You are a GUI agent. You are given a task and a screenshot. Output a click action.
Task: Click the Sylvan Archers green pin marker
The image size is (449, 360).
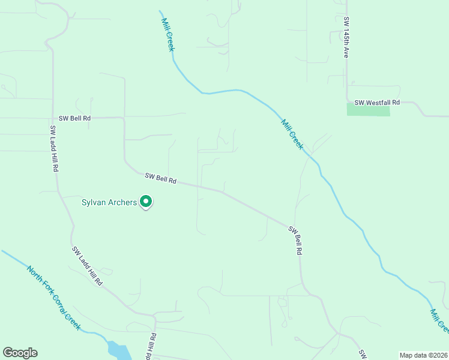pos(146,202)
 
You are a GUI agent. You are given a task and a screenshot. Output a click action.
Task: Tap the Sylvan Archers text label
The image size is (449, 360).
pos(109,202)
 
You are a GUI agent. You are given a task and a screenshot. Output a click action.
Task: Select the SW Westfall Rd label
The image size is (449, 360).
pos(376,103)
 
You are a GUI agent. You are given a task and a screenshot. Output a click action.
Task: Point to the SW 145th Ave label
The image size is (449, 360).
pos(346,37)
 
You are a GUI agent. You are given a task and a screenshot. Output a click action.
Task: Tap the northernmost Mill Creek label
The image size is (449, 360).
pos(167,34)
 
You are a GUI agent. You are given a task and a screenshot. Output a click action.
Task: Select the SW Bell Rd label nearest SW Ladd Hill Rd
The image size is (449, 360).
pos(74,118)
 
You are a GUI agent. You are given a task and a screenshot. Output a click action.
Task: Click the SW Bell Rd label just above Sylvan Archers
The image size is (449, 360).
pos(160,178)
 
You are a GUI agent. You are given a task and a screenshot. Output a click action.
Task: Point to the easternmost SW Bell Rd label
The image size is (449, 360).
pos(294,241)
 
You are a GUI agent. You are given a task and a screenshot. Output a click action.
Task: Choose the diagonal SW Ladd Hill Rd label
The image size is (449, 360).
pos(87,266)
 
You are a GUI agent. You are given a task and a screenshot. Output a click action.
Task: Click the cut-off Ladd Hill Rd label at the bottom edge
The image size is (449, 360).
pos(151,346)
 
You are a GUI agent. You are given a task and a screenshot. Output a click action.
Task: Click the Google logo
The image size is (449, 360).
pos(20,353)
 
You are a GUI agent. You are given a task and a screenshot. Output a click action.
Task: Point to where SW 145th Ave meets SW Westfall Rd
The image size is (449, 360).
pos(347,101)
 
